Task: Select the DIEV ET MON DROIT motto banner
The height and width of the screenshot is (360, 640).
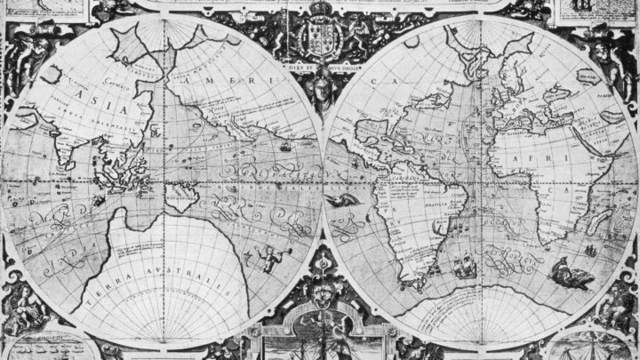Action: (x=319, y=66)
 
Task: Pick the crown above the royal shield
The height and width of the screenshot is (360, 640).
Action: (x=317, y=10)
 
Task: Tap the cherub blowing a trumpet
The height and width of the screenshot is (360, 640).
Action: (x=268, y=257)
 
